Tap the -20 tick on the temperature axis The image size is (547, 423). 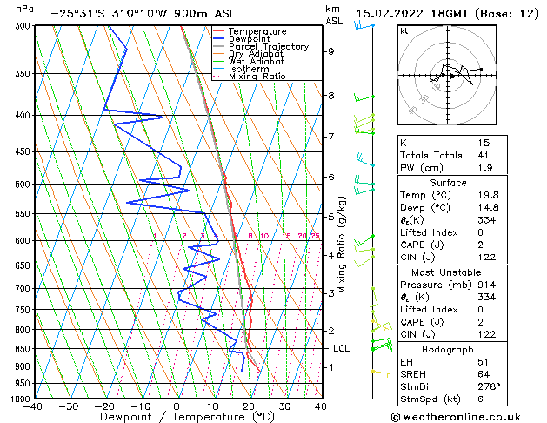[x=104, y=406]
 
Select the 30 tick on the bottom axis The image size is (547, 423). [x=284, y=406]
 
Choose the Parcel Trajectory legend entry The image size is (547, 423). [x=268, y=46]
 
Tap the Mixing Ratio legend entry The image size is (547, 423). [x=257, y=77]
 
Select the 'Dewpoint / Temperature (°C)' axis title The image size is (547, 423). [x=177, y=418]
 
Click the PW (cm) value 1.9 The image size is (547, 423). [x=484, y=168]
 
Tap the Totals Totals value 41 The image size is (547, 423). [x=484, y=155]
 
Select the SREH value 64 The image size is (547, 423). [x=484, y=373]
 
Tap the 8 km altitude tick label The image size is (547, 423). [x=330, y=95]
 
